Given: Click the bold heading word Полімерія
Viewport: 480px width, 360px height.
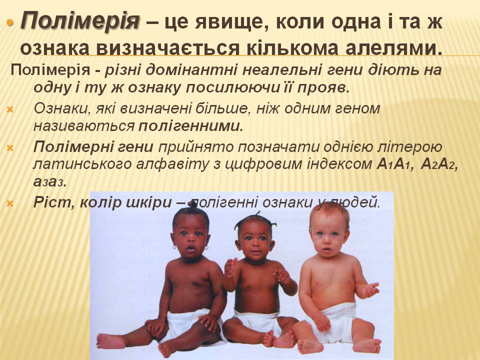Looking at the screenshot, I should coord(80,21).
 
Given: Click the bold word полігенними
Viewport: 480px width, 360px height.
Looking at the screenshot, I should coord(190,126).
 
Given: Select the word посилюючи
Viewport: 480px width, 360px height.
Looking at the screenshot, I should coord(242,87).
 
